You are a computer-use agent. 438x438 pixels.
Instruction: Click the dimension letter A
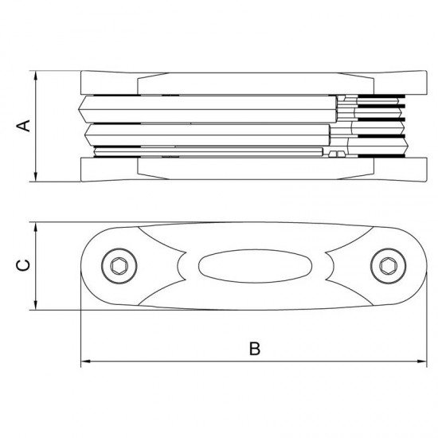pos(23,126)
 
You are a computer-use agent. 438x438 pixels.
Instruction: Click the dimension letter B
pos(255,348)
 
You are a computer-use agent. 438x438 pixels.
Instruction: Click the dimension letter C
pos(23,265)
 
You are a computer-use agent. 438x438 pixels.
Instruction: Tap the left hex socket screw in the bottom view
pos(119,266)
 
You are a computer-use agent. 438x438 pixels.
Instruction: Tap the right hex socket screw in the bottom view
pos(389,266)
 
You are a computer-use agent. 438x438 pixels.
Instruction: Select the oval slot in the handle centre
pos(255,266)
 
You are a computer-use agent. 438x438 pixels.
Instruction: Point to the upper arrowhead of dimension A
pos(36,76)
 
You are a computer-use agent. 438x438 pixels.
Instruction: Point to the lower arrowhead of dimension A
pos(36,177)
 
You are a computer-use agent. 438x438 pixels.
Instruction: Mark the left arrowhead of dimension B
pos(85,362)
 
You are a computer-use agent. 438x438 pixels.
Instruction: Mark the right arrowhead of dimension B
pos(422,362)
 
